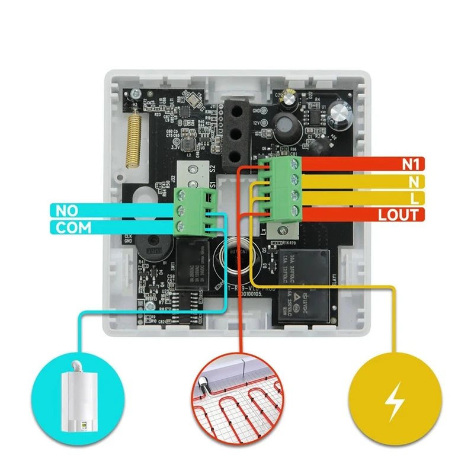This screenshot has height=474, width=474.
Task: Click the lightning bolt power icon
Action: pyautogui.click(x=392, y=401)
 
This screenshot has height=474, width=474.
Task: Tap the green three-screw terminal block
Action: pyautogui.click(x=193, y=211)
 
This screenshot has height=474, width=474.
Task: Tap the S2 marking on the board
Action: pyautogui.click(x=212, y=169)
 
